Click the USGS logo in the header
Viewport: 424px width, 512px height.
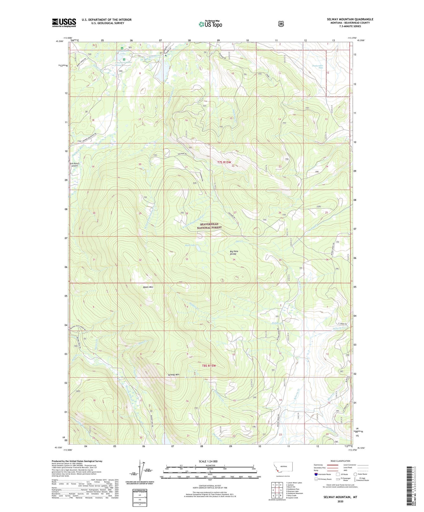[64, 23]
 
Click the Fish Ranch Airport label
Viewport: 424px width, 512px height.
[75, 165]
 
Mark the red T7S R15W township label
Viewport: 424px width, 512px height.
[224, 162]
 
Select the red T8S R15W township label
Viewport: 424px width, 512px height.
[209, 366]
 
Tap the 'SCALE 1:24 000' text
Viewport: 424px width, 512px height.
[210, 461]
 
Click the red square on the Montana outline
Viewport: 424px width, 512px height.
[278, 471]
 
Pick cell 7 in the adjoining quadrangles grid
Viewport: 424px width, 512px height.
[273, 495]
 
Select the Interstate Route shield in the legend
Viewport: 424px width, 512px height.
[316, 474]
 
